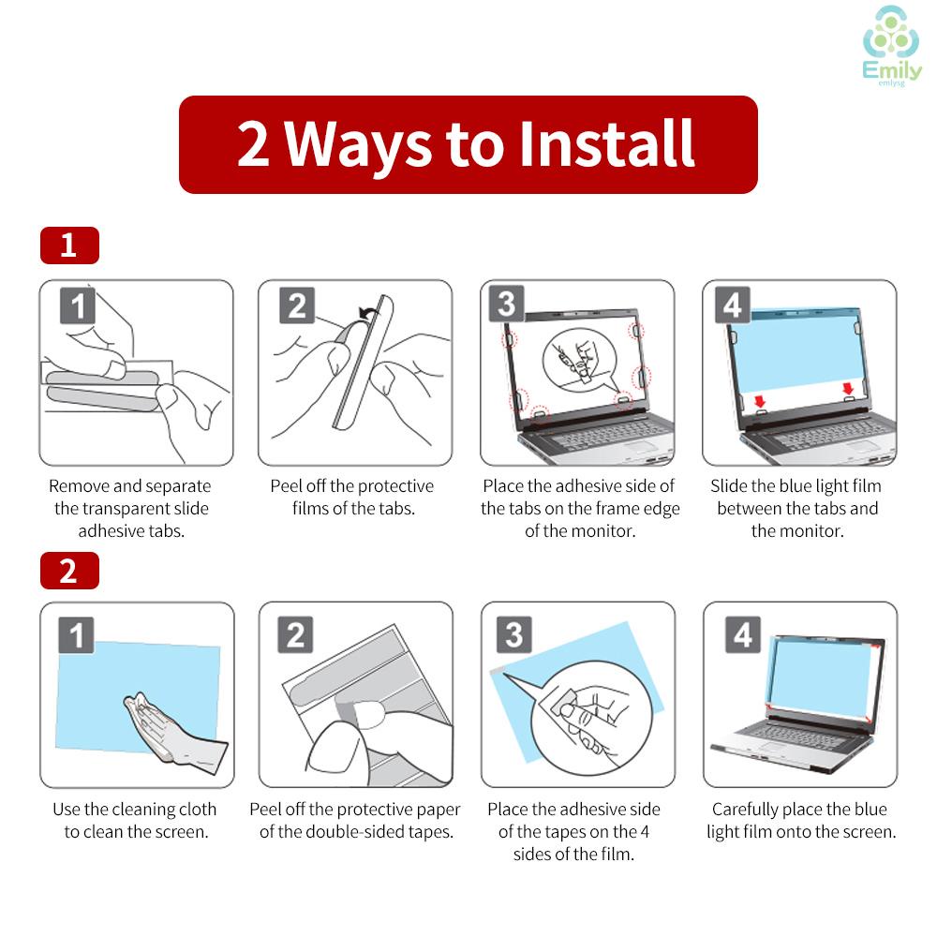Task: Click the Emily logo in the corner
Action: click(892, 45)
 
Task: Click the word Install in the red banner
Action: click(606, 143)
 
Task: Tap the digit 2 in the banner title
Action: click(252, 144)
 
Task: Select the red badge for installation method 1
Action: click(69, 245)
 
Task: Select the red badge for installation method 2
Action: click(69, 571)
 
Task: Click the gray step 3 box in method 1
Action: click(507, 304)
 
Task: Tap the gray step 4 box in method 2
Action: click(743, 634)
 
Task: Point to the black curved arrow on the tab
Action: click(368, 312)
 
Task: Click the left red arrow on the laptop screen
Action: click(760, 400)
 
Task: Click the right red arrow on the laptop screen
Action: click(848, 389)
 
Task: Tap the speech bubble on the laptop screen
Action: click(581, 362)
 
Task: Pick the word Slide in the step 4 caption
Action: click(728, 485)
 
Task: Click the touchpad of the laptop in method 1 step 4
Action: click(861, 446)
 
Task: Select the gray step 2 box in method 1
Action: click(297, 305)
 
